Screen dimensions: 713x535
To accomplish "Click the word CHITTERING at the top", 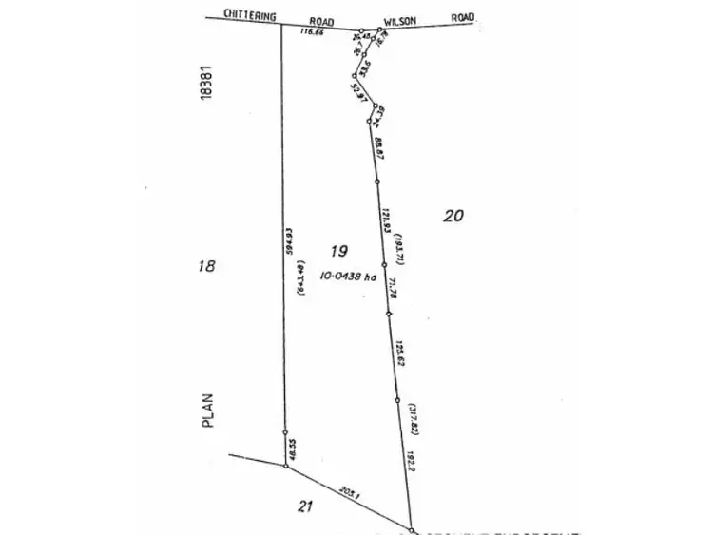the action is point(249,15).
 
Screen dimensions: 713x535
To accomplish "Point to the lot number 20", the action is point(453,216).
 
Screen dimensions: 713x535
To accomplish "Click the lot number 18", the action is point(206,267).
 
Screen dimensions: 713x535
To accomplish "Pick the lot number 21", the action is point(304,506).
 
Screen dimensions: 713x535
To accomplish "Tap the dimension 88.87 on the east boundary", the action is point(378,150).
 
